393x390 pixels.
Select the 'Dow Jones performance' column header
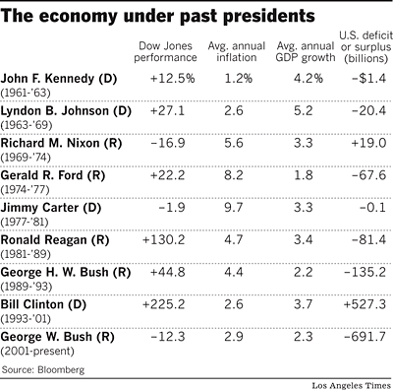click(165, 54)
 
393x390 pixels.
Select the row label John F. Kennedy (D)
click(66, 78)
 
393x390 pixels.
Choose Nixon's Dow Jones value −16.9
click(166, 143)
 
